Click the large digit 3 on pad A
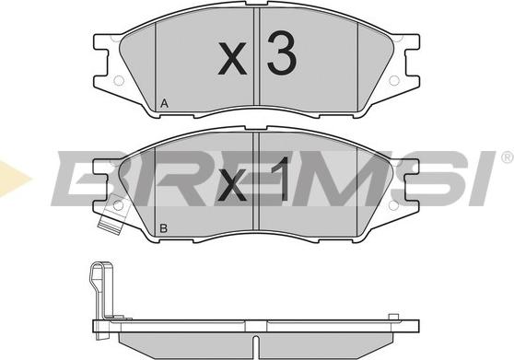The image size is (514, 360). click(282, 52)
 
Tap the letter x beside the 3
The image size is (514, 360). click(232, 59)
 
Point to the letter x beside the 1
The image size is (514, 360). click(232, 185)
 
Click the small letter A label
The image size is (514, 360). click(165, 104)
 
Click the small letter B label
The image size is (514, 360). click(164, 228)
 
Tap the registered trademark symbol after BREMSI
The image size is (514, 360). click(508, 157)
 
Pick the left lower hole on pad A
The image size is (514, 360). click(119, 81)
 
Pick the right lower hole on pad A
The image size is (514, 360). click(394, 81)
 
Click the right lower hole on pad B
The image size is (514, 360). click(393, 205)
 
